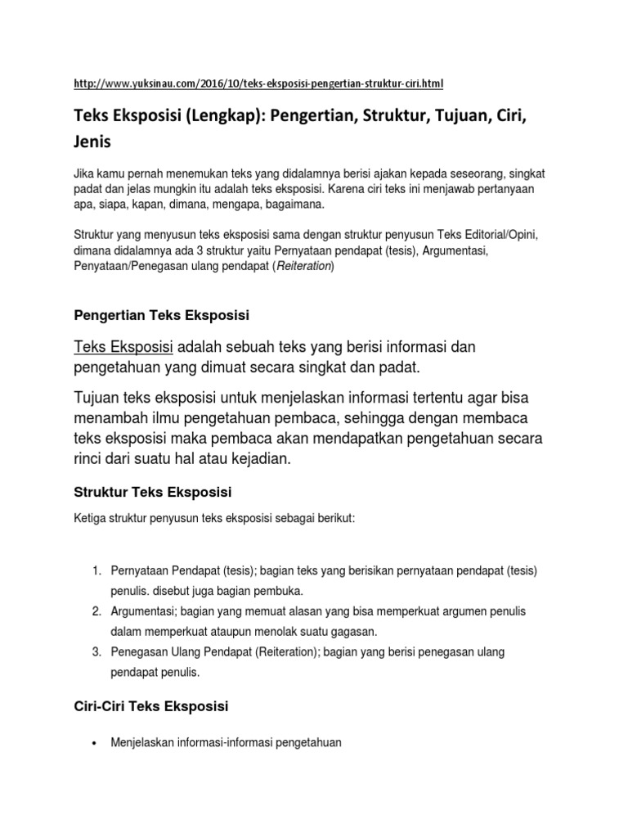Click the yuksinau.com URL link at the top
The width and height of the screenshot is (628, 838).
click(259, 83)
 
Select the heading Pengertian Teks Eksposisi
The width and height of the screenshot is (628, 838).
click(161, 315)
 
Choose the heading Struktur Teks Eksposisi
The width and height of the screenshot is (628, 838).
click(153, 492)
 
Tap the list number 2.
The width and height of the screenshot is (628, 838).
click(95, 611)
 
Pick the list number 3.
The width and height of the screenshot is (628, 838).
click(95, 652)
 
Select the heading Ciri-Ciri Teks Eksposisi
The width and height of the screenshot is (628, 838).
click(150, 705)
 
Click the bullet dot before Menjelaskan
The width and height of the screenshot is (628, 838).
click(95, 744)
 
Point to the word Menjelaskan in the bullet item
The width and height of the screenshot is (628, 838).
click(142, 743)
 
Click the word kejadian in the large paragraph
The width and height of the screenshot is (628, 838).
click(259, 460)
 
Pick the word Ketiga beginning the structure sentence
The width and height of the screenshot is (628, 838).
click(91, 520)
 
